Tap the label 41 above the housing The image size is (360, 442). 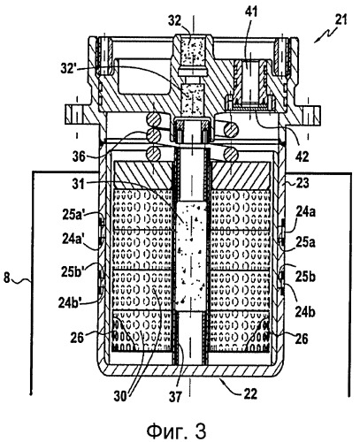pos(251,11)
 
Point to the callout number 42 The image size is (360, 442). pos(302,156)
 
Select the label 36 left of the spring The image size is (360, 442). pos(80,156)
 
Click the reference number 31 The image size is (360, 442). pos(78,184)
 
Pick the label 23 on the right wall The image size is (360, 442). pos(302,183)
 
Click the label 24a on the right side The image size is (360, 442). pos(305,211)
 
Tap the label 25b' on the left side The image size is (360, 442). pos(73,270)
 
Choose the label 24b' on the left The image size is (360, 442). pos(70,302)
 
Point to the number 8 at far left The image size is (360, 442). pos(7,278)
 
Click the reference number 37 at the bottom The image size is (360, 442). pos(176,396)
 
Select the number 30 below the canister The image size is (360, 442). pos(121,396)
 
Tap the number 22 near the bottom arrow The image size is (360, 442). pos(250,393)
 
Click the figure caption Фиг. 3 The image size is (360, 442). pos(176,431)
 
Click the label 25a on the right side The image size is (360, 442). pos(305,242)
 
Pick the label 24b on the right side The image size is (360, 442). pos(305,312)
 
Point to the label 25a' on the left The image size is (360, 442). pos(73,214)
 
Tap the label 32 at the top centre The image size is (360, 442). pos(175,21)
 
